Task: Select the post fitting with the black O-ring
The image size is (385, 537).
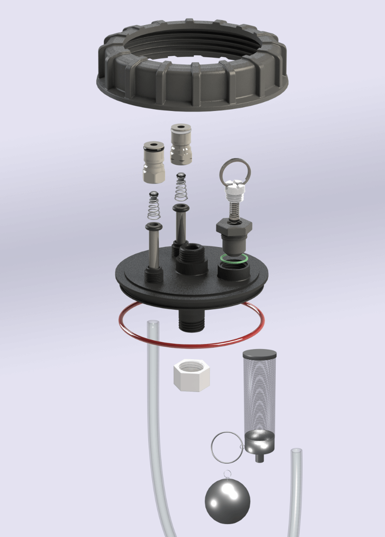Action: click(x=153, y=163)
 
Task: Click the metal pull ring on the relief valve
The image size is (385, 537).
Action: click(x=234, y=169)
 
